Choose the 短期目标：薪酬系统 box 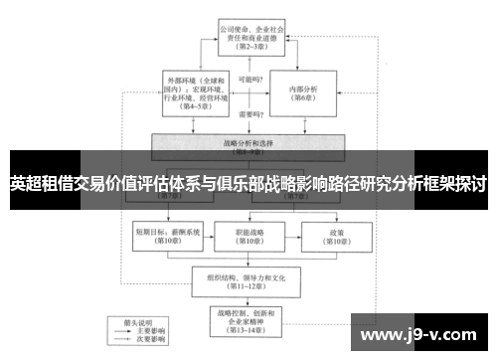(x=168, y=236)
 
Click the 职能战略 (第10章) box (x=248, y=236)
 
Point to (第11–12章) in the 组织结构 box (x=248, y=288)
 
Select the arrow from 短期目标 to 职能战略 (x=208, y=236)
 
